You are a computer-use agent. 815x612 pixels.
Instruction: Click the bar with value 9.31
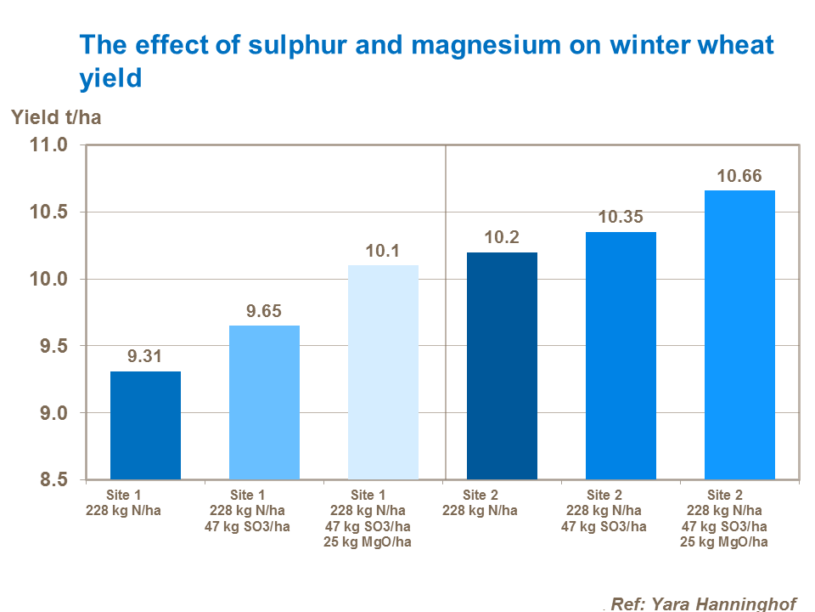pos(145,425)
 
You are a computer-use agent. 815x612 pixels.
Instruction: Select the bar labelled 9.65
pos(264,402)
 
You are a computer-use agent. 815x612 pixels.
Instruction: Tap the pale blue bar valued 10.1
pos(383,372)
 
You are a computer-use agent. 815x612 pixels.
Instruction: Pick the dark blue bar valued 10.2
pos(502,365)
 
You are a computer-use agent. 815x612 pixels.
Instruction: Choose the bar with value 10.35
pos(621,355)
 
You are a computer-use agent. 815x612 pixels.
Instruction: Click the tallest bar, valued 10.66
pos(739,335)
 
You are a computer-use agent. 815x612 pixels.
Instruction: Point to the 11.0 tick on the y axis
pos(47,145)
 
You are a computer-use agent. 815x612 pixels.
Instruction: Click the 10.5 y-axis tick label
pos(47,212)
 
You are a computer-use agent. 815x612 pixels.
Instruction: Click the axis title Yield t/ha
pos(56,117)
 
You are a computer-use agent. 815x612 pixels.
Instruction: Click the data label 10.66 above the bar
pos(739,177)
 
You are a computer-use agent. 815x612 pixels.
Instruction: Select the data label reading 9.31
pos(145,358)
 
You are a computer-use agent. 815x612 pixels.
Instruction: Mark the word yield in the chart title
pos(110,78)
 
